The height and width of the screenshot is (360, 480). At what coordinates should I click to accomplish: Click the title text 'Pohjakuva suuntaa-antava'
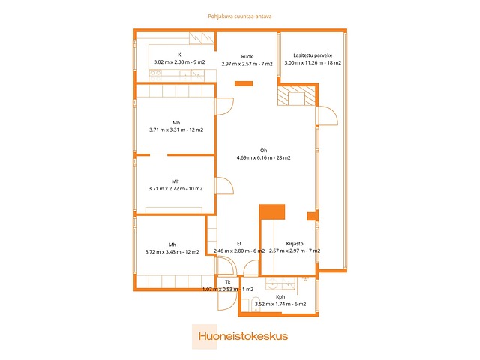[239, 16]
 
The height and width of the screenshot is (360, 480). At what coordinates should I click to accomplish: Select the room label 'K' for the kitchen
[179, 55]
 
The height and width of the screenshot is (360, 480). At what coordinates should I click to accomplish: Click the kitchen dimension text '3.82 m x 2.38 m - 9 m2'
[179, 62]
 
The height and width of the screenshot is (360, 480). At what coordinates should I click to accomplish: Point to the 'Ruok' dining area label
[247, 57]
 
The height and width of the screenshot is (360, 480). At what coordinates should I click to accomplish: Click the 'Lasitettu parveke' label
[313, 55]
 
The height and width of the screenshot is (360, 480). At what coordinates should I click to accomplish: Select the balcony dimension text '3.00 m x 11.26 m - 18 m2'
[313, 63]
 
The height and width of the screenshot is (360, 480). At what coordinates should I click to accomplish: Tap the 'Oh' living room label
[263, 150]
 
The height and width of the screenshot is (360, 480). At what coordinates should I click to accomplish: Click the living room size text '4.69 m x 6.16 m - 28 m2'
[263, 157]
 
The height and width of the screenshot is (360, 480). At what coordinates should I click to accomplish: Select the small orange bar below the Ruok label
[243, 82]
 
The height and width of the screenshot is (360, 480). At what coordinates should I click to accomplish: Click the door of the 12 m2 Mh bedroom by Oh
[223, 108]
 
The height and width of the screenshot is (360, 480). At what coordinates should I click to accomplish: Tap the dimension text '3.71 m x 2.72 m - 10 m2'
[175, 189]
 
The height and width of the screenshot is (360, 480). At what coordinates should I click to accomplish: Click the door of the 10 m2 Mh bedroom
[223, 185]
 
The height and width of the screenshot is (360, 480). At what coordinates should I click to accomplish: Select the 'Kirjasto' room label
[295, 243]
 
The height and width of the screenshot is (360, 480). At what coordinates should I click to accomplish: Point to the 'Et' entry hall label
[239, 243]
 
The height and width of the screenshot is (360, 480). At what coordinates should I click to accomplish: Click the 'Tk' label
[227, 282]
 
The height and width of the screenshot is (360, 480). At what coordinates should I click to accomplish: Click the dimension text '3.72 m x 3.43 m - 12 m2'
[172, 252]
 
